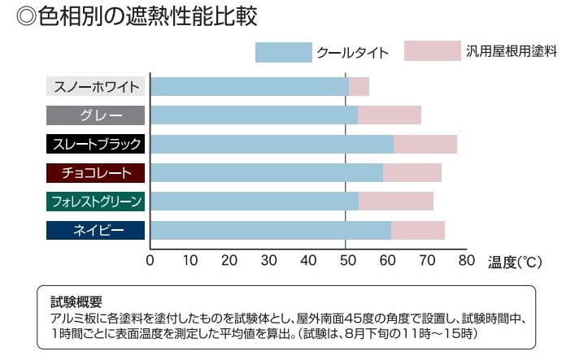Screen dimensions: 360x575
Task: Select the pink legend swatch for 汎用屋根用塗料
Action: (x=432, y=50)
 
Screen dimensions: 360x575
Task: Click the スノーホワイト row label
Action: (x=97, y=87)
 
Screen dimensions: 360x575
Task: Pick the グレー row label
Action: (x=97, y=115)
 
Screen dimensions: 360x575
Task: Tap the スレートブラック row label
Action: (x=97, y=145)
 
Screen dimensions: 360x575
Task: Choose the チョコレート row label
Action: (x=97, y=173)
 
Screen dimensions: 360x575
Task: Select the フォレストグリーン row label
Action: (x=97, y=202)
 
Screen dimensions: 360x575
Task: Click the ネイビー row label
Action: (x=97, y=230)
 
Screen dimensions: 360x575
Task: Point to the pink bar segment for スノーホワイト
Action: (x=359, y=87)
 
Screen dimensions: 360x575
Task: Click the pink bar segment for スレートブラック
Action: (x=425, y=145)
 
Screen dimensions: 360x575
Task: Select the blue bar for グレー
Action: (x=254, y=115)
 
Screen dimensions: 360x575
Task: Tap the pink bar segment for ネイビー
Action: (x=417, y=230)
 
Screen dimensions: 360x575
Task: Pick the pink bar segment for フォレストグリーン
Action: (x=396, y=202)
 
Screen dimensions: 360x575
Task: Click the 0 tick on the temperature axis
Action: (x=150, y=261)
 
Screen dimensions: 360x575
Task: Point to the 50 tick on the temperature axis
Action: (x=346, y=261)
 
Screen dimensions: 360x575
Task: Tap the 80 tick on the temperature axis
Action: (x=465, y=261)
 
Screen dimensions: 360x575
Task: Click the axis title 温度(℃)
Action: (x=515, y=262)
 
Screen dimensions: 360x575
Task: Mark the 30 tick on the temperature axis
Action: (x=268, y=261)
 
